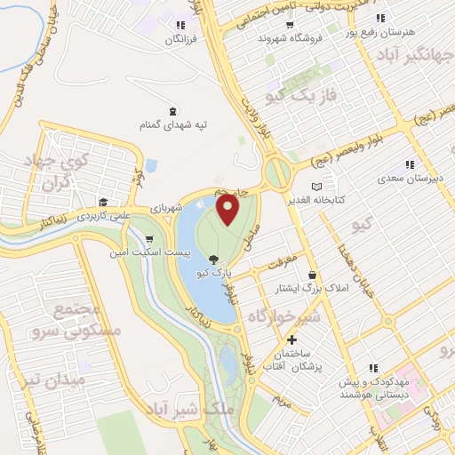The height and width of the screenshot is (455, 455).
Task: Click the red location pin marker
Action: click(229, 211)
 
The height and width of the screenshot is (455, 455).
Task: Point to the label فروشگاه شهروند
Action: click(287, 39)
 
